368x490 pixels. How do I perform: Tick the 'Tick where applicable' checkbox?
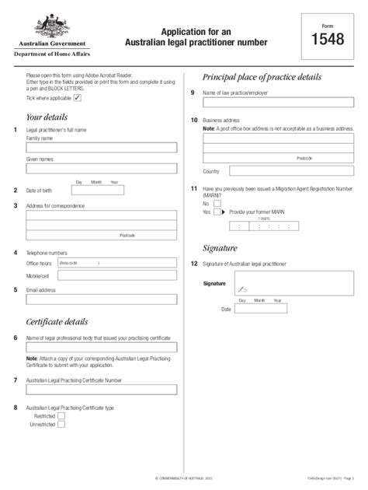point(76,98)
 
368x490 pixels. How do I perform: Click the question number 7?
point(16,380)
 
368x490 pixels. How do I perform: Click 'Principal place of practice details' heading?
point(261,77)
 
